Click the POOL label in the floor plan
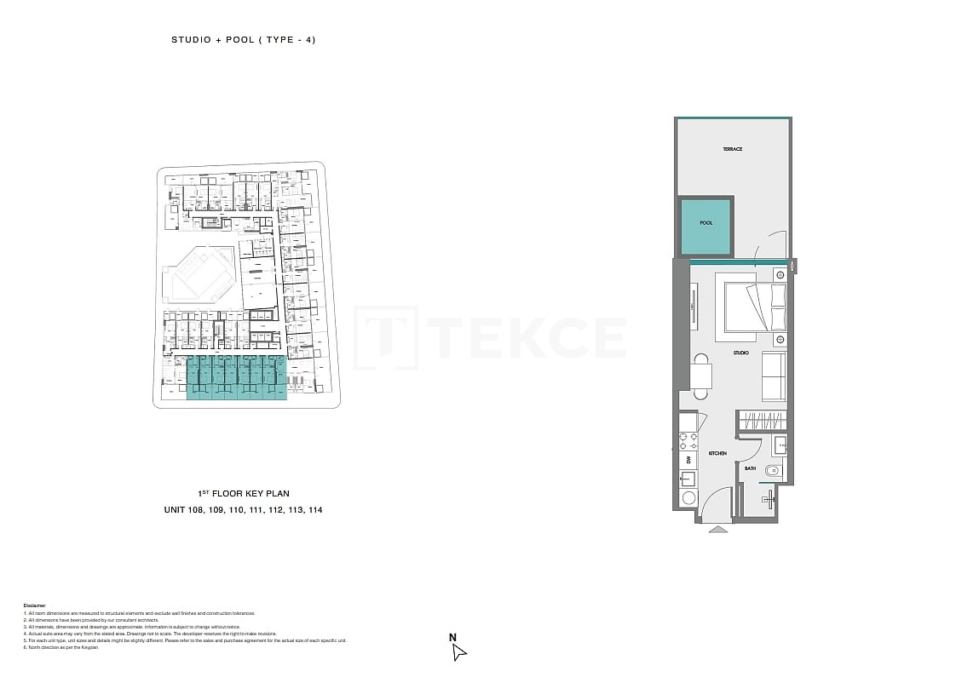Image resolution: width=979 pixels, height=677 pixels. [705, 223]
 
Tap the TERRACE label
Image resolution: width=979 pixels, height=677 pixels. [732, 149]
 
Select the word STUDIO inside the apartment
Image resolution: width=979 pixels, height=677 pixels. [740, 353]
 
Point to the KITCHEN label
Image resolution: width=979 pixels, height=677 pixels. [717, 454]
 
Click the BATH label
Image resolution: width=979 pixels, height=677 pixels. [750, 468]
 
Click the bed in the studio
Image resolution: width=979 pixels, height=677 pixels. [754, 307]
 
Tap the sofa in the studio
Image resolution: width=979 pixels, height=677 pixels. [774, 376]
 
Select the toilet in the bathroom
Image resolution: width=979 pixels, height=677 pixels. [773, 471]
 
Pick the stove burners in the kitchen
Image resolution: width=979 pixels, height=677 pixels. [688, 441]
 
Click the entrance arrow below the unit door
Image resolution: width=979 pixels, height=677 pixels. [718, 529]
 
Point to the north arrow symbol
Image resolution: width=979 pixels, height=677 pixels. [458, 652]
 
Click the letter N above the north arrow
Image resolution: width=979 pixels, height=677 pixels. [453, 637]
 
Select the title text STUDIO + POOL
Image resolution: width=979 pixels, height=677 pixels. [212, 40]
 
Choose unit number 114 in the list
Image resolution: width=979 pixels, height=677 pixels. [313, 510]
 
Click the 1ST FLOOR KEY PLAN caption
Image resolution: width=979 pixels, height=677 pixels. [243, 494]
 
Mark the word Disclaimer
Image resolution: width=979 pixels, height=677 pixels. [34, 605]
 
